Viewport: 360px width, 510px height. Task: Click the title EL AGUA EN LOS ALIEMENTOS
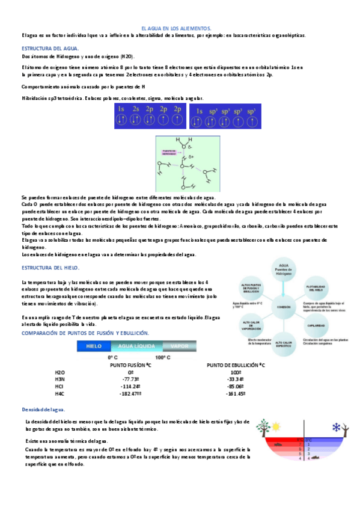pyautogui.click(x=175, y=28)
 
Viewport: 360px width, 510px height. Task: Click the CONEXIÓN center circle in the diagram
pyautogui.click(x=284, y=306)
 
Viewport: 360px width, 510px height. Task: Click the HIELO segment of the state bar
pyautogui.click(x=94, y=346)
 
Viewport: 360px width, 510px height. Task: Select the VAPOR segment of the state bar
pyautogui.click(x=179, y=346)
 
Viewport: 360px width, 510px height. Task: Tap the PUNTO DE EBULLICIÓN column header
pyautogui.click(x=236, y=365)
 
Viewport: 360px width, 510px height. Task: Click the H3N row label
pyautogui.click(x=59, y=379)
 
